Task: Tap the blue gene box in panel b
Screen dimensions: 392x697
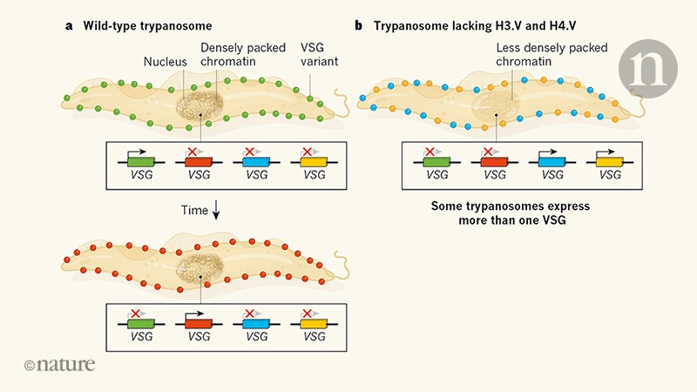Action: tap(552, 160)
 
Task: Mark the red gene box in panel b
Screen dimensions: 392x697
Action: tap(494, 160)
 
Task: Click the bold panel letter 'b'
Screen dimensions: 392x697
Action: tap(359, 25)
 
